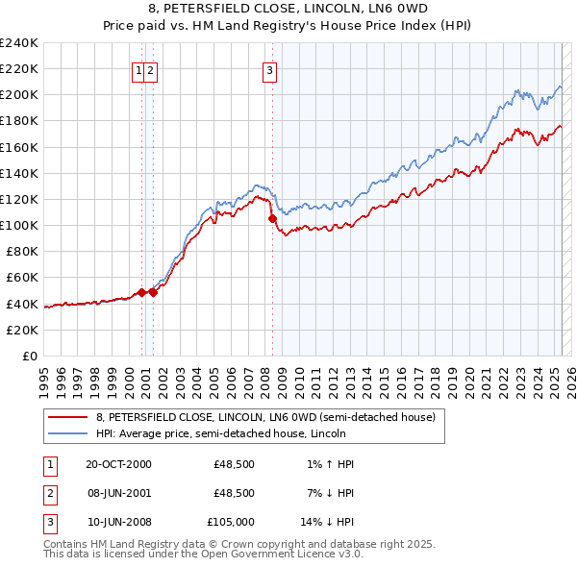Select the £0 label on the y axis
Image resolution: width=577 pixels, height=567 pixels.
[30, 356]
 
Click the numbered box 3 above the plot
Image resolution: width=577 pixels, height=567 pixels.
[269, 69]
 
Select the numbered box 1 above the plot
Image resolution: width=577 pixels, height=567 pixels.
[139, 69]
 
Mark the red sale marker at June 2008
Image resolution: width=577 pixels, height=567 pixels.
[272, 219]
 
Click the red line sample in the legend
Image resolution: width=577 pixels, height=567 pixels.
[68, 417]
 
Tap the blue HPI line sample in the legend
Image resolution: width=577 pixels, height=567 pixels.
[68, 433]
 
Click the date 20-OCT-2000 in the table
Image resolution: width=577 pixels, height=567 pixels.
[118, 464]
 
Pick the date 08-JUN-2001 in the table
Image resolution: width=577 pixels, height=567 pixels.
[118, 493]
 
